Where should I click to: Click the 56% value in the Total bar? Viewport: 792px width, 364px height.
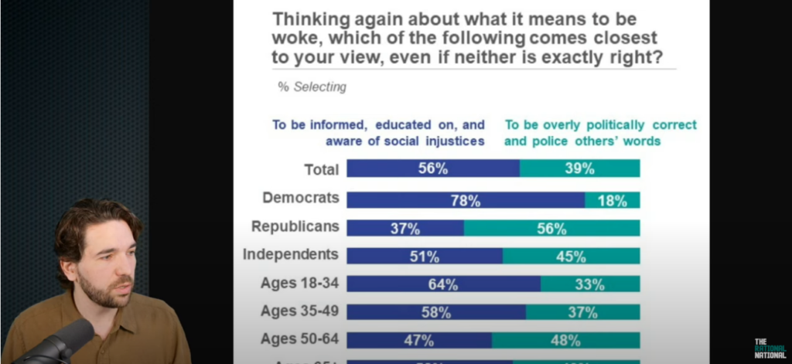433,168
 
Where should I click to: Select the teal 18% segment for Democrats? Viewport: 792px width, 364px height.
612,200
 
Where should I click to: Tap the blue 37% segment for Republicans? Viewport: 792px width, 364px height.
405,228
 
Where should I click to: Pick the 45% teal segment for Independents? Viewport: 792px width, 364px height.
571,256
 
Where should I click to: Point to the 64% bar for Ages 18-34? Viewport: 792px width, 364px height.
443,284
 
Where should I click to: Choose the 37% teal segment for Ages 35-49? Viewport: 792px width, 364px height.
582,312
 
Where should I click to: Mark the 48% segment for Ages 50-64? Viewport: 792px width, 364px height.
565,340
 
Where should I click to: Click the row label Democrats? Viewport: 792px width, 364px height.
301,198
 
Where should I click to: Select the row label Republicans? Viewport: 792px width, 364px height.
295,226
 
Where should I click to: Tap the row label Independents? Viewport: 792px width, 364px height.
291,254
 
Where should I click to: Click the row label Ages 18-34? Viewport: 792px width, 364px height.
300,283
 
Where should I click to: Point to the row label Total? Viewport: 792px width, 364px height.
323,170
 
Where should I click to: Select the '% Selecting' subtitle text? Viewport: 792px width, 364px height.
312,87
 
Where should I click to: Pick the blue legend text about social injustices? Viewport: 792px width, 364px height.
378,132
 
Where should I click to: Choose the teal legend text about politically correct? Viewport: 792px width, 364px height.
600,132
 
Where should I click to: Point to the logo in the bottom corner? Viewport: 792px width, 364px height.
770,347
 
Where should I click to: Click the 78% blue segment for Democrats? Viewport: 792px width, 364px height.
465,200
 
